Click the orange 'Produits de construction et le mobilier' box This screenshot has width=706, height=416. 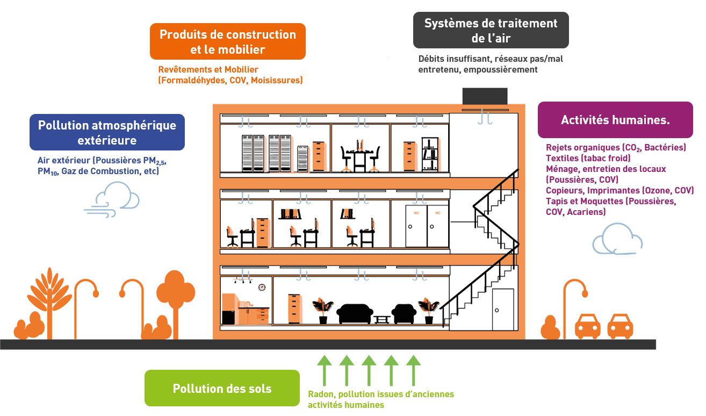click(x=227, y=41)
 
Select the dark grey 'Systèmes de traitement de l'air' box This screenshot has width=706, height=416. click(x=491, y=30)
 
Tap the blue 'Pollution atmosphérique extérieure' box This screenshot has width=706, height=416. click(x=107, y=132)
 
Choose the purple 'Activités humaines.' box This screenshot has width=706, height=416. click(x=615, y=120)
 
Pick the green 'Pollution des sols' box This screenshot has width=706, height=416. click(x=222, y=388)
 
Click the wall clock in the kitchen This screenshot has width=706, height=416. click(x=262, y=287)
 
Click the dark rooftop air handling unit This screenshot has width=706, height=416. click(x=485, y=96)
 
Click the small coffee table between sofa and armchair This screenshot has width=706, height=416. click(x=381, y=319)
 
